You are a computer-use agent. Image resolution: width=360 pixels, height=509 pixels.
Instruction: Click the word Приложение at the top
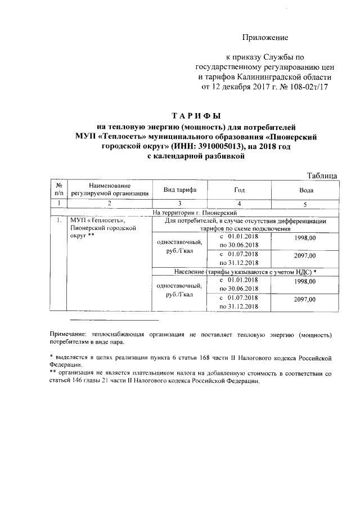point(265,38)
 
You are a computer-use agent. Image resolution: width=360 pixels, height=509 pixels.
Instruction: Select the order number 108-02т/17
point(308,87)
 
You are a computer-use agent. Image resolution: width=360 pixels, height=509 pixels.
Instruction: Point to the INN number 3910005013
point(221,146)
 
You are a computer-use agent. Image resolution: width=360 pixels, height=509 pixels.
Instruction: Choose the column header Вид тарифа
point(179,190)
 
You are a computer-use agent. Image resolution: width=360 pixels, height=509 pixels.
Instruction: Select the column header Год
point(240,190)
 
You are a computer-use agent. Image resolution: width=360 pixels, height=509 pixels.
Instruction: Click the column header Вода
point(307,190)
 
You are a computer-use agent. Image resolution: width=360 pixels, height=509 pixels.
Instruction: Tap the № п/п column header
point(58,189)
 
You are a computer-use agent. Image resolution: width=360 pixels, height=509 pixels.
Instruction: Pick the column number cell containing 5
point(305,203)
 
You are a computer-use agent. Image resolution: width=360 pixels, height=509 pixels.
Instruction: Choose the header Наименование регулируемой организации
point(109,190)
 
